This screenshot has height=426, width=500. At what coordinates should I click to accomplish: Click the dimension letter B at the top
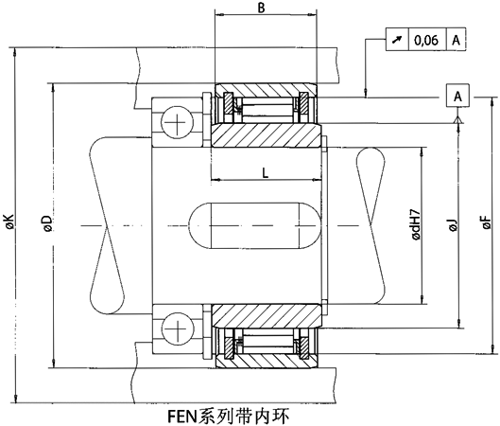tap(263, 9)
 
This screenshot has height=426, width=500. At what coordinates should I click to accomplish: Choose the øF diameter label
tap(487, 224)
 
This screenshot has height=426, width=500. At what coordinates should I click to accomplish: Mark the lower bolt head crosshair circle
tap(177, 328)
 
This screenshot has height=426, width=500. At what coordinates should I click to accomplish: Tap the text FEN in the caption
tap(180, 413)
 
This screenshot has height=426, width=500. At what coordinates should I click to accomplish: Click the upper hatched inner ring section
tap(265, 135)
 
